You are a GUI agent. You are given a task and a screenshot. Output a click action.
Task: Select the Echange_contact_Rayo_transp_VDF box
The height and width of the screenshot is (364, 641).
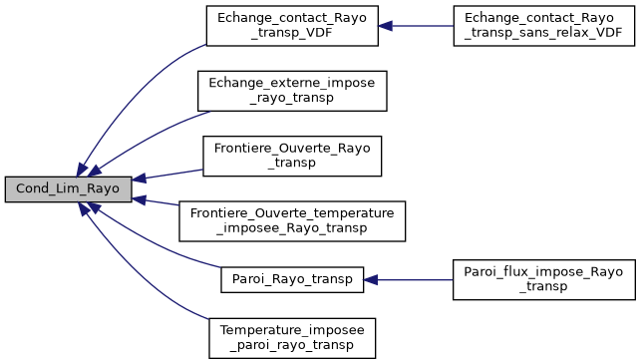292,25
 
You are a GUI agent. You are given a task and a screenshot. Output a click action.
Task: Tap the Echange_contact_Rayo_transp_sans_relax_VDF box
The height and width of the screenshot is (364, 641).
543,25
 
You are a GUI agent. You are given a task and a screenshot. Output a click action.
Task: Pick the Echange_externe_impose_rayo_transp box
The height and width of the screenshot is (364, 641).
291,91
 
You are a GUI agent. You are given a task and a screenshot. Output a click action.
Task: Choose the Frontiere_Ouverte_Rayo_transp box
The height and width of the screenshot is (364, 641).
292,157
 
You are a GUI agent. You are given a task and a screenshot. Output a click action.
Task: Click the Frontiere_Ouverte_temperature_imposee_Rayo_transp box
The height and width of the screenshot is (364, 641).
292,221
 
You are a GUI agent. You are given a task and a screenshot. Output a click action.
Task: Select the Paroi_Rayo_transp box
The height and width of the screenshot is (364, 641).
292,279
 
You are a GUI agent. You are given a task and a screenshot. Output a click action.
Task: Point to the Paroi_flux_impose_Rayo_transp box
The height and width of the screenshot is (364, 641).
543,279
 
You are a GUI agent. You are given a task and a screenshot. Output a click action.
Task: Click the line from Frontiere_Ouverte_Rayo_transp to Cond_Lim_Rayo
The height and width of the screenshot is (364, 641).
174,174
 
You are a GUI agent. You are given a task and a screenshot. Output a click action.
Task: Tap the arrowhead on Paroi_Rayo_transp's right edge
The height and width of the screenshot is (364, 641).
371,279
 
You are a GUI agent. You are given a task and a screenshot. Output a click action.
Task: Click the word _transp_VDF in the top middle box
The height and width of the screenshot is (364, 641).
292,32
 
